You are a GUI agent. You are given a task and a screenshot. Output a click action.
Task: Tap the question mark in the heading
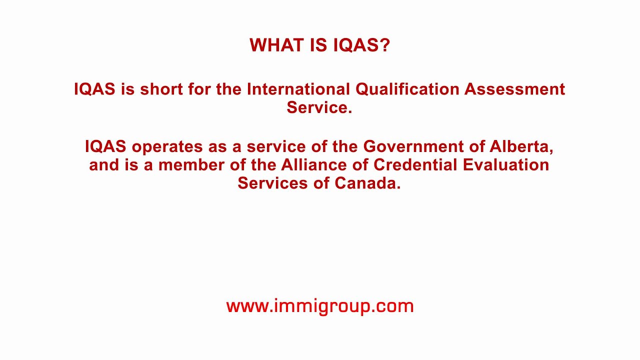pos(384,45)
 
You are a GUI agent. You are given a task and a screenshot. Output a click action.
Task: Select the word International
pos(298,89)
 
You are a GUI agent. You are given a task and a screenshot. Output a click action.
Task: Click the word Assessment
pos(514,89)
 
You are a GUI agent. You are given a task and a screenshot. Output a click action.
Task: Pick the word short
pos(161,89)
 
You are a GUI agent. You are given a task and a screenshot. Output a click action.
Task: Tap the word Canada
pos(367,183)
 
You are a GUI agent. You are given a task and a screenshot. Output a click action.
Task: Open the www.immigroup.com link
pos(320,306)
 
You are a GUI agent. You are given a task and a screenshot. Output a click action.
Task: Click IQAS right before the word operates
pos(105,147)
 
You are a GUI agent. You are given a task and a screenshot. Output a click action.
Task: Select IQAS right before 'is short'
pos(94,89)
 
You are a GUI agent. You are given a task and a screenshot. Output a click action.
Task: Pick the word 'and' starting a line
pos(104,165)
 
